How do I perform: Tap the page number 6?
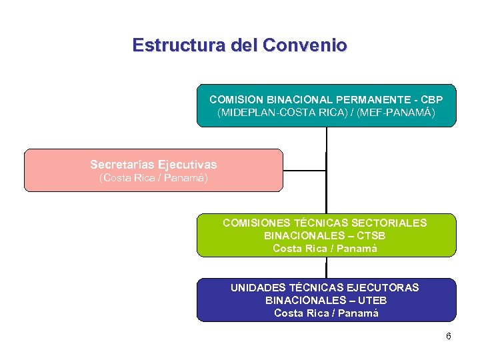pos(449,336)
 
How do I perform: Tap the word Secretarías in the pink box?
pos(121,164)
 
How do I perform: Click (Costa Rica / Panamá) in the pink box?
pos(153,178)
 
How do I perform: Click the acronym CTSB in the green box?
pos(372,235)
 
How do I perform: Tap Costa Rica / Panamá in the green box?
pos(325,249)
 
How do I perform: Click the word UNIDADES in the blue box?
pos(257,287)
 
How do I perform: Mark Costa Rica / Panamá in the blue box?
pos(327,313)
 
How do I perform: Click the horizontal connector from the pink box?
pos(305,170)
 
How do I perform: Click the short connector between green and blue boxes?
pos(326,267)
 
